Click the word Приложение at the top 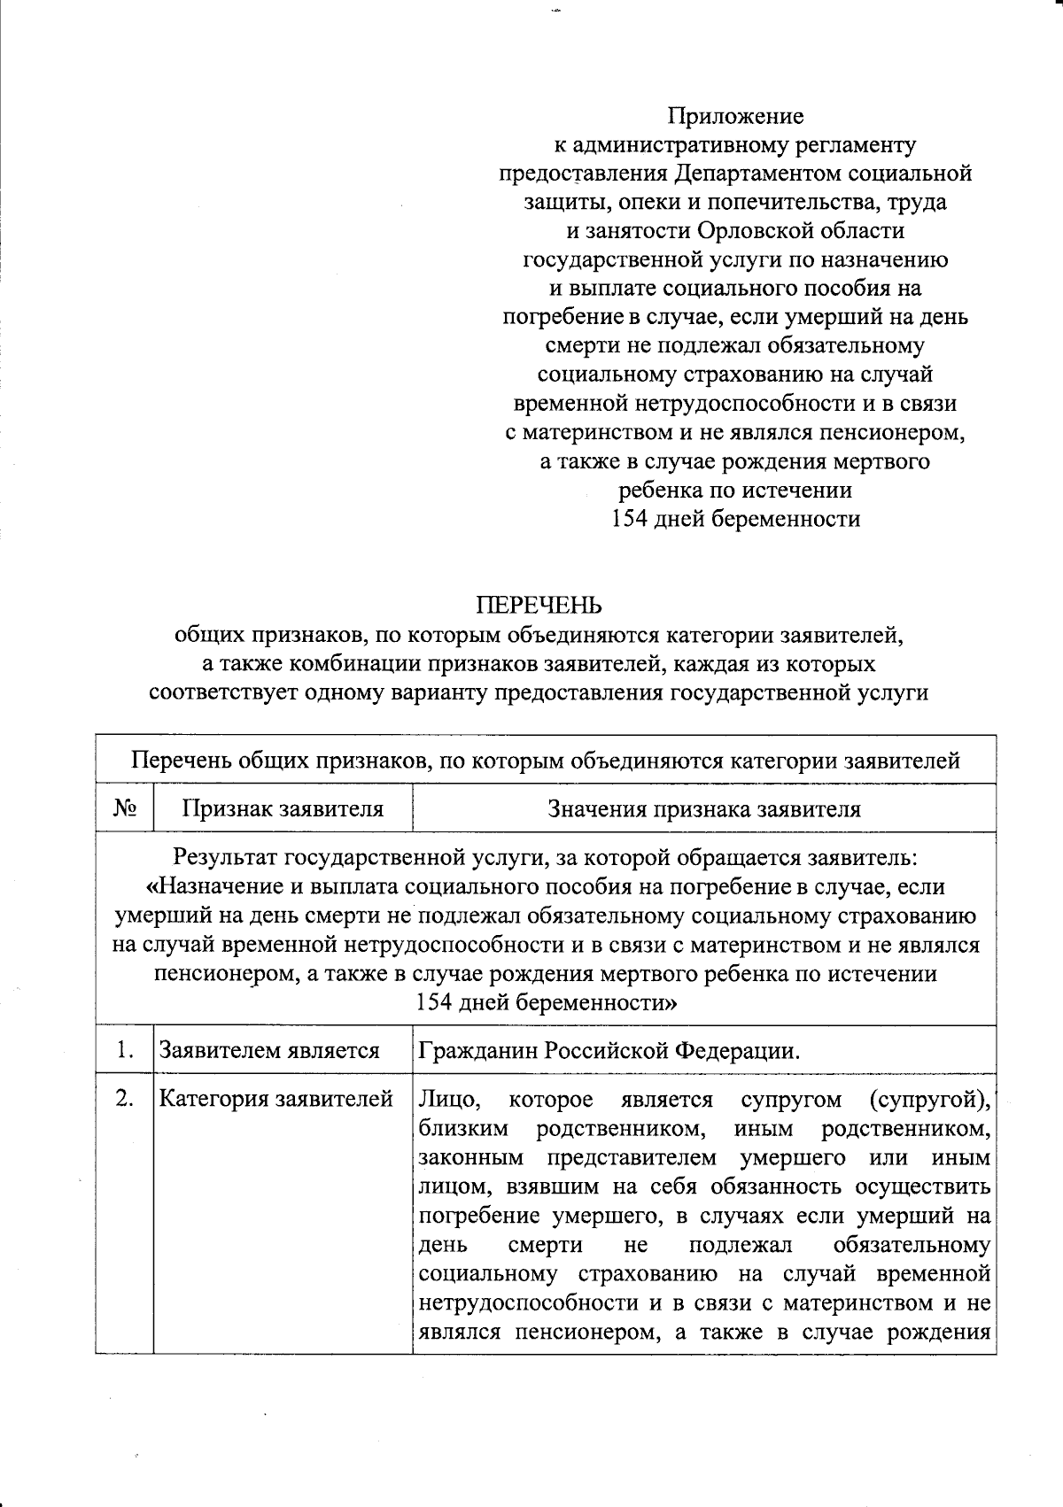pyautogui.click(x=735, y=116)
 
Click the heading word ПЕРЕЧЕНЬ pyautogui.click(x=539, y=606)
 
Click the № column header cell pyautogui.click(x=125, y=808)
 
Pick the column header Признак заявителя pyautogui.click(x=283, y=808)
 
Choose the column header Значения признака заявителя pyautogui.click(x=704, y=808)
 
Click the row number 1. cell pyautogui.click(x=125, y=1050)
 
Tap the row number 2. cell pyautogui.click(x=125, y=1099)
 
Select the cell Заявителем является pyautogui.click(x=269, y=1051)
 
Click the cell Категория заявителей pyautogui.click(x=275, y=1100)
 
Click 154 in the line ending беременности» pyautogui.click(x=434, y=1002)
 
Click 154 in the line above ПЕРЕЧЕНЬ pyautogui.click(x=630, y=519)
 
